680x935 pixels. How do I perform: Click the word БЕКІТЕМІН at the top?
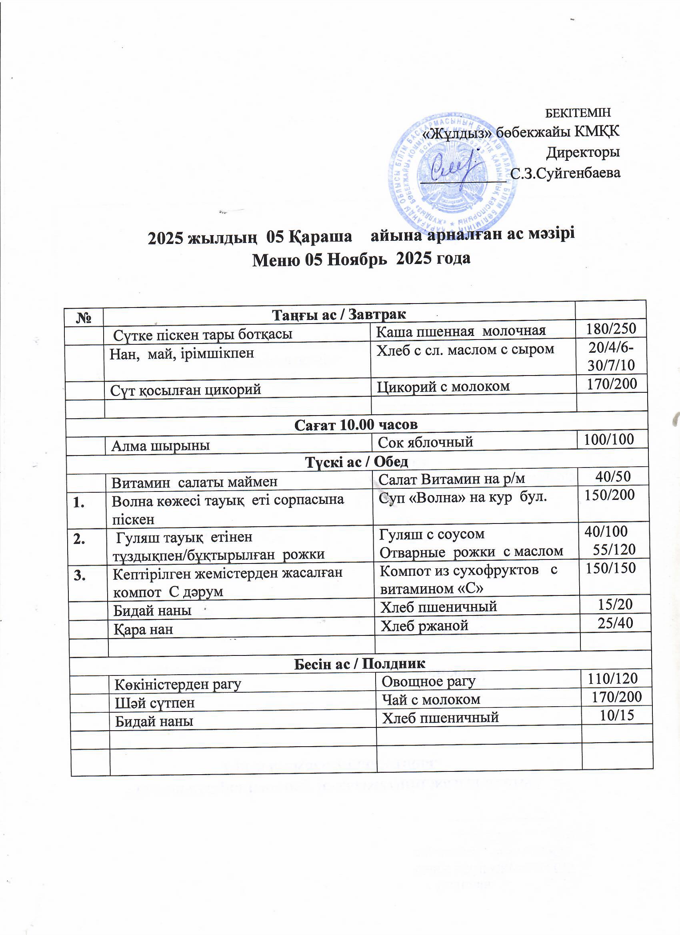coord(578,112)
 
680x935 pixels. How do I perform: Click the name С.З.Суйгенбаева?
coord(565,173)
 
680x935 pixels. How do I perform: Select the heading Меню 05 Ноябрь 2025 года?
coord(361,259)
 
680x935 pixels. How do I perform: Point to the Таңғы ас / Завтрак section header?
coord(339,315)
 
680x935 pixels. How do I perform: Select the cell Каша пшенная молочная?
coord(461,330)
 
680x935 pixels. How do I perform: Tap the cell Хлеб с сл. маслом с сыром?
coord(466,350)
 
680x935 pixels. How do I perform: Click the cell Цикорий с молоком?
coord(443,386)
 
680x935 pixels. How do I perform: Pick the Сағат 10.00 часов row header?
coord(356,425)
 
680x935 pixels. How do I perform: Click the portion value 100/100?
coord(609,440)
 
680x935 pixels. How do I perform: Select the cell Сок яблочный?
coord(425,442)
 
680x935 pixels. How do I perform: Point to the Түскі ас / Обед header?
coord(357,462)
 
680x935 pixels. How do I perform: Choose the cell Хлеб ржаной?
coord(424,626)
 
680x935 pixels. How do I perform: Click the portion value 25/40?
coord(615,623)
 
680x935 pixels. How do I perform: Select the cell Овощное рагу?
coord(428,681)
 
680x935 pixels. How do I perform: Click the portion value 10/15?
coord(616,715)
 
